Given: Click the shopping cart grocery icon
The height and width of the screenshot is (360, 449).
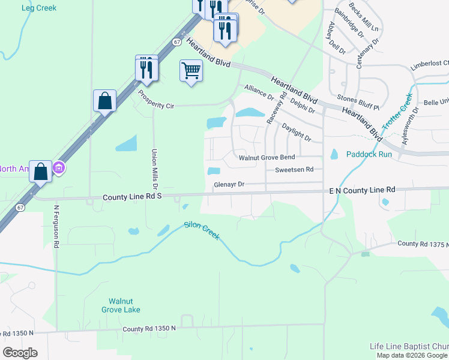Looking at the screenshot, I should pyautogui.click(x=191, y=70).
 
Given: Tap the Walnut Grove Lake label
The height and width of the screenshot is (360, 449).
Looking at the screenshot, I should pyautogui.click(x=124, y=305).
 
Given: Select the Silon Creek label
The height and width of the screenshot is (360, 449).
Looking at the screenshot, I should pyautogui.click(x=202, y=231).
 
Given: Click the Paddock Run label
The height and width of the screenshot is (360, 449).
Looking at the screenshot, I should pyautogui.click(x=369, y=154).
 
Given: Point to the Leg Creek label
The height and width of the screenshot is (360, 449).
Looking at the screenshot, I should pyautogui.click(x=38, y=8).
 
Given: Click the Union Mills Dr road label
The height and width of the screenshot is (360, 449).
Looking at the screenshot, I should pyautogui.click(x=154, y=166).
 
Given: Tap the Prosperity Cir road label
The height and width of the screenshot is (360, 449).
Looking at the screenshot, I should pyautogui.click(x=155, y=100).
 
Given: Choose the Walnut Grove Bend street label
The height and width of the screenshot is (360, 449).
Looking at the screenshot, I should pyautogui.click(x=267, y=158).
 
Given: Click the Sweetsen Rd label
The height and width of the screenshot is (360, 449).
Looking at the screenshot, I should pyautogui.click(x=294, y=170).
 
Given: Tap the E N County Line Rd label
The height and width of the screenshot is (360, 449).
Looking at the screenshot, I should pyautogui.click(x=362, y=190).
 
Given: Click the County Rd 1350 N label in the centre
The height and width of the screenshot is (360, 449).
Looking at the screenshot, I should pyautogui.click(x=149, y=328).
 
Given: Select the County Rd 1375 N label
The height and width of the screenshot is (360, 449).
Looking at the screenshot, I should pyautogui.click(x=423, y=244).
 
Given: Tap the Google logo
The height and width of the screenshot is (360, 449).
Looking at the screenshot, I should pyautogui.click(x=20, y=353).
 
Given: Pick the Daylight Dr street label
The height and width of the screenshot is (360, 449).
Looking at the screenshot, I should pyautogui.click(x=297, y=134).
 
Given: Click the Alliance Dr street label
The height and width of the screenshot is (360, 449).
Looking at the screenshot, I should pyautogui.click(x=258, y=92).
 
